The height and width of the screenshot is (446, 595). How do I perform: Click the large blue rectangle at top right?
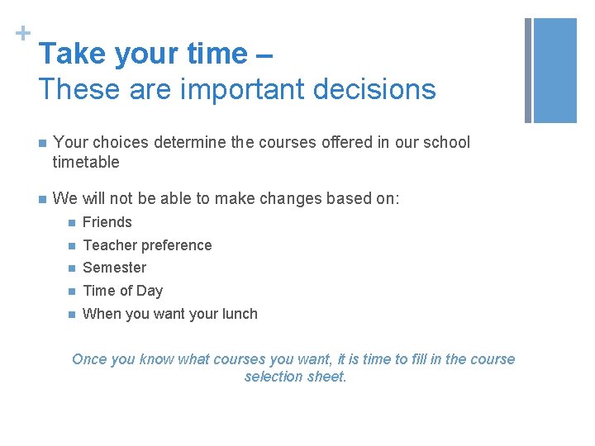point(555,70)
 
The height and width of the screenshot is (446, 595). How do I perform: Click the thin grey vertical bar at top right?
point(527,70)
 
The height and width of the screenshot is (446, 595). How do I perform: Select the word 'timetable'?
point(86,162)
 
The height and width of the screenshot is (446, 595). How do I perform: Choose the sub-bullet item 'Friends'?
point(107,222)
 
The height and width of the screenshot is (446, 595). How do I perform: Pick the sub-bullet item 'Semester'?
point(114,268)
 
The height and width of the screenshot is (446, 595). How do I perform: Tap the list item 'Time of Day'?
point(122,291)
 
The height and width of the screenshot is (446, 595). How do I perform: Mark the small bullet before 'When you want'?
point(72,315)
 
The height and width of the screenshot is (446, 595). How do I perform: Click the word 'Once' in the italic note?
point(89,359)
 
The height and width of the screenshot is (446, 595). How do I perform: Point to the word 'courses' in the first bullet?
point(283,142)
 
